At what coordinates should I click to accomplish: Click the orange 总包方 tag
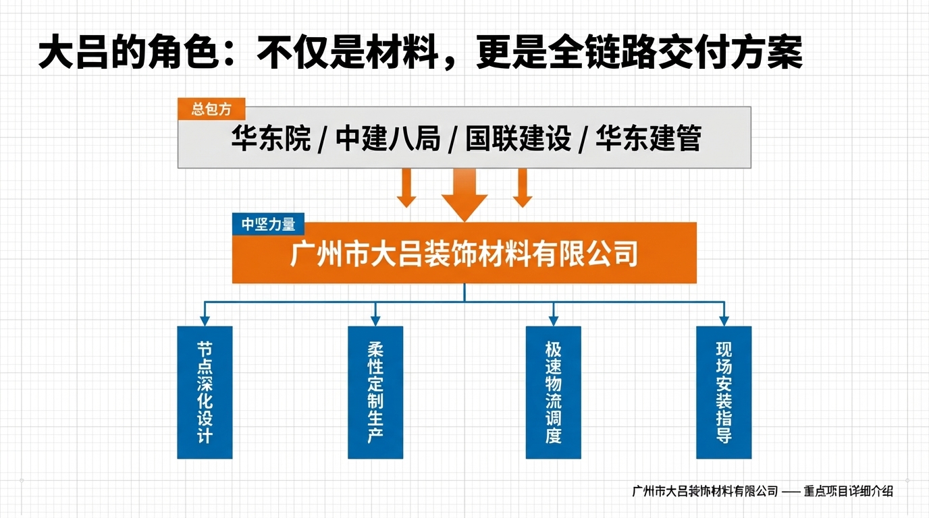click(x=211, y=109)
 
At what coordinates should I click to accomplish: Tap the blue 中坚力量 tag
click(x=268, y=225)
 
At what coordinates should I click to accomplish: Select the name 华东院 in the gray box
click(x=271, y=139)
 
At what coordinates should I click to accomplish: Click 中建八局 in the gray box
click(x=388, y=139)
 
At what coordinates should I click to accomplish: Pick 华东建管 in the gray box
click(x=649, y=139)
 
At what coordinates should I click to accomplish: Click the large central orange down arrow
click(x=464, y=194)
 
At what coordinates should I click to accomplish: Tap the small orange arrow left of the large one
click(x=406, y=188)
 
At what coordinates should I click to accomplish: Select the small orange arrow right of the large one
click(x=523, y=188)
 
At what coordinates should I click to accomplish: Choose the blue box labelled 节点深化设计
click(x=205, y=393)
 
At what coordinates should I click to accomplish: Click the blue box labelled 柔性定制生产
click(x=375, y=393)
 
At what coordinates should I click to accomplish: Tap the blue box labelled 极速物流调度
click(x=554, y=393)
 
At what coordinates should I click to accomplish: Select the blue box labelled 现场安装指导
click(x=724, y=393)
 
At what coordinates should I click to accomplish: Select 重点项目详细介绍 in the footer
click(x=849, y=491)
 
